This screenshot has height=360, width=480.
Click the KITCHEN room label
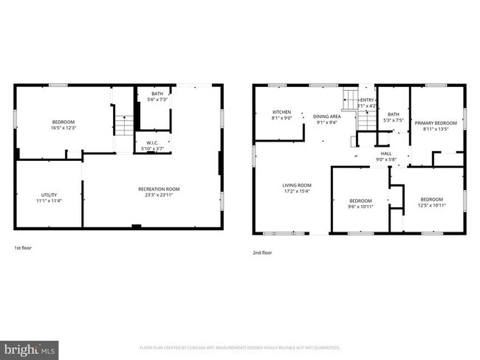[282, 111]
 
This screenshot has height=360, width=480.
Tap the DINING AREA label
[327, 117]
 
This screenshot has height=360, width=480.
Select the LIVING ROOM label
[296, 185]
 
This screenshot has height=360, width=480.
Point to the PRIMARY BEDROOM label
[435, 122]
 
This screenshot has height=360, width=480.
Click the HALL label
[386, 153]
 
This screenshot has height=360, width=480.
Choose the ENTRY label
[367, 100]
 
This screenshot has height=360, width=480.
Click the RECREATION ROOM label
[159, 189]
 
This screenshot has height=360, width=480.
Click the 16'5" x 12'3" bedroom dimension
[64, 128]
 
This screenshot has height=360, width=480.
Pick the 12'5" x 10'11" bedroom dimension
[432, 205]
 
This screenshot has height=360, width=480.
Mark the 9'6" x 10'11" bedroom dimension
[360, 206]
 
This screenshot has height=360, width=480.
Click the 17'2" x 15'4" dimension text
[296, 191]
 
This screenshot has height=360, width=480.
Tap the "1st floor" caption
[23, 248]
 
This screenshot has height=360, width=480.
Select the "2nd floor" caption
[262, 252]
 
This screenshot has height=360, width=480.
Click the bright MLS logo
[30, 347]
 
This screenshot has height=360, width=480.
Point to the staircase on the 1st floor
[123, 122]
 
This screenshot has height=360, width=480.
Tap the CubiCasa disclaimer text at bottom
[239, 347]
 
